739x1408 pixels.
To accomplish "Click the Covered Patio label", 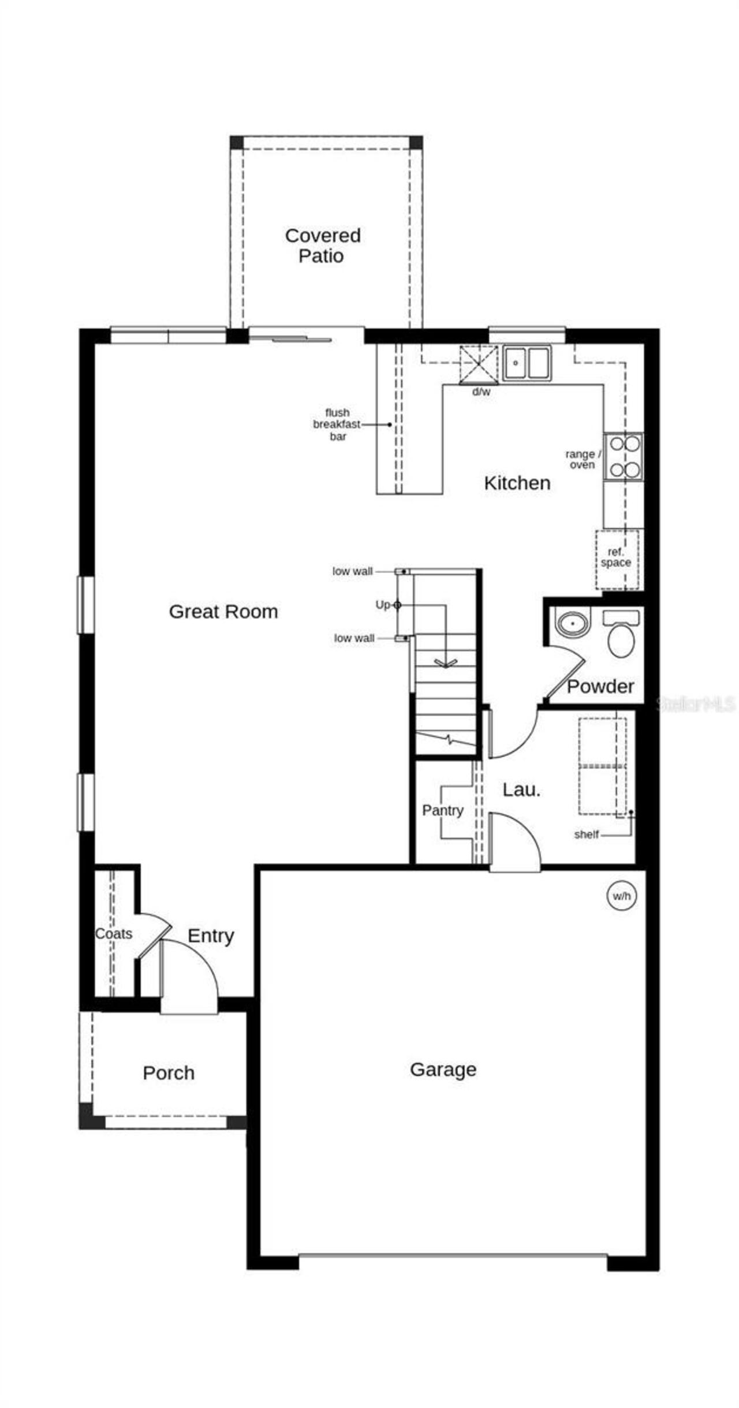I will point(323,245).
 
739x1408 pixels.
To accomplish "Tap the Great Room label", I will point(223,612).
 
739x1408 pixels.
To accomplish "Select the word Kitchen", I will point(517,483).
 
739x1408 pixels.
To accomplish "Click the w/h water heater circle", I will point(622,896).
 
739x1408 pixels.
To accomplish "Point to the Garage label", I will point(443,1070).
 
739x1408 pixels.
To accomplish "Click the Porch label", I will point(169,1073).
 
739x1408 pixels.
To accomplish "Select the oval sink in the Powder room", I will point(573,624).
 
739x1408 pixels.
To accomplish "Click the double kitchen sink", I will point(527,363).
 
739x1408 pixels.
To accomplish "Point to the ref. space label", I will point(616,558).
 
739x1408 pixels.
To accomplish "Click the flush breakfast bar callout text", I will point(337,424).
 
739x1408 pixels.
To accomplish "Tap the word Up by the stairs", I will point(383,605).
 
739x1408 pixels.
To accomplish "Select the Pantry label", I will point(443,811).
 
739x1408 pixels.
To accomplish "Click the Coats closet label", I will point(114,934).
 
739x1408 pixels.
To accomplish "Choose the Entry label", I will point(211,936).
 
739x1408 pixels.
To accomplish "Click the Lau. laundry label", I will point(521,790).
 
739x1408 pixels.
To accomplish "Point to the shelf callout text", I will point(586,835).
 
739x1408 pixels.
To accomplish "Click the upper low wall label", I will point(352,571).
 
